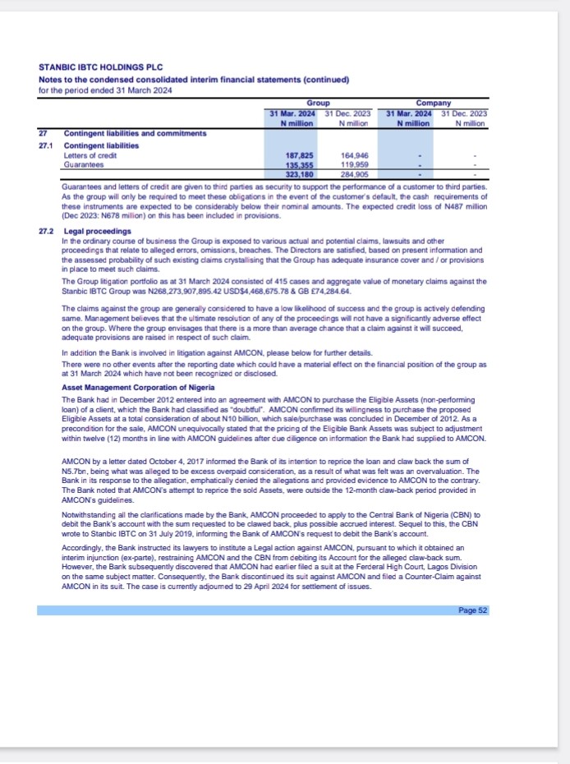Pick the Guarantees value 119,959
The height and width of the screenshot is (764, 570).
pyautogui.click(x=354, y=164)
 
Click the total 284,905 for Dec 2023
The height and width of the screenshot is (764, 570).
pyautogui.click(x=354, y=174)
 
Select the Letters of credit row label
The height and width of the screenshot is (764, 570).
pyautogui.click(x=86, y=155)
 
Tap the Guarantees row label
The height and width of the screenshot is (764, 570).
pyautogui.click(x=80, y=164)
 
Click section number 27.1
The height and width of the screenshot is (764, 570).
pyautogui.click(x=46, y=145)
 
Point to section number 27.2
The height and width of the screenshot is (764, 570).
pyautogui.click(x=46, y=232)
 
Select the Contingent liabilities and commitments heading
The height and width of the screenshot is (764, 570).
pyautogui.click(x=135, y=133)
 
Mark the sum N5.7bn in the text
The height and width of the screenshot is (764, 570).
pyautogui.click(x=74, y=471)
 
